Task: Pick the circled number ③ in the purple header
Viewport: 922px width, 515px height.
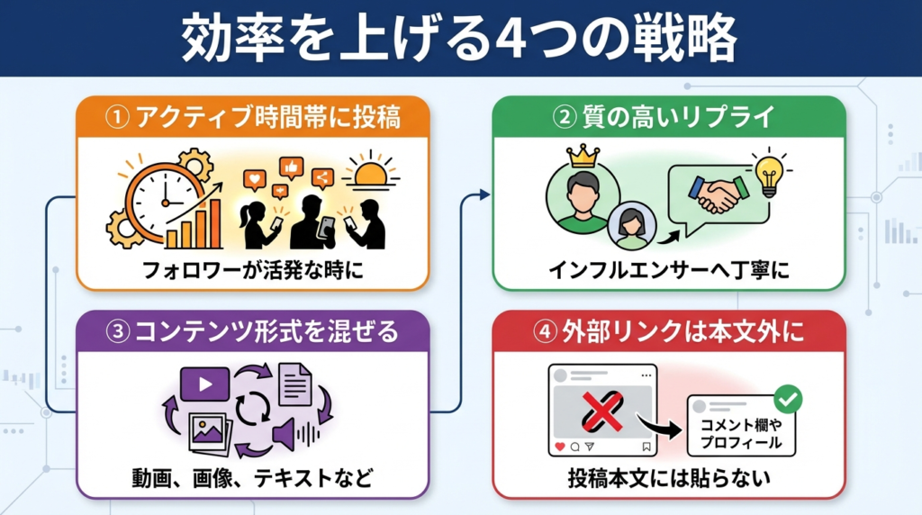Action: coord(119,332)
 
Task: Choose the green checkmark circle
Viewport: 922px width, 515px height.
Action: coord(788,399)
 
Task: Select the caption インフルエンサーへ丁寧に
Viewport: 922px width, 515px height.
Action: coord(668,269)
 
